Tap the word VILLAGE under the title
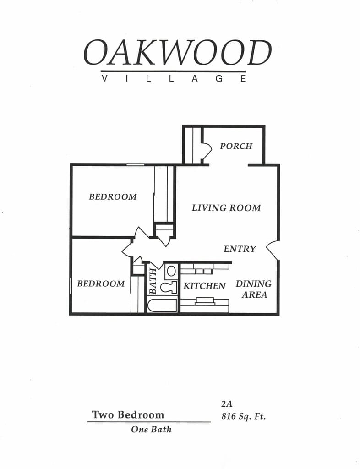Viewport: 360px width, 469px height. pyautogui.click(x=174, y=78)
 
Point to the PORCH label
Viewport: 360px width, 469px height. pyautogui.click(x=236, y=146)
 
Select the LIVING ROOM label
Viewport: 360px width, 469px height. pyautogui.click(x=226, y=208)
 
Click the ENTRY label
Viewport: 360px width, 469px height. pyautogui.click(x=240, y=249)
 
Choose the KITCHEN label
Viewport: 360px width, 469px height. pyautogui.click(x=205, y=286)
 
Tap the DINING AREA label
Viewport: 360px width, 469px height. pyautogui.click(x=254, y=289)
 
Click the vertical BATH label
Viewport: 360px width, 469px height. pyautogui.click(x=153, y=281)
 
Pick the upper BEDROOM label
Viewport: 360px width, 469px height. pyautogui.click(x=113, y=197)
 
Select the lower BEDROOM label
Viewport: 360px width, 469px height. pyautogui.click(x=101, y=284)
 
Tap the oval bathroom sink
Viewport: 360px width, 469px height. pyautogui.click(x=171, y=271)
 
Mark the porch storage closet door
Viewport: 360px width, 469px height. pyautogui.click(x=206, y=151)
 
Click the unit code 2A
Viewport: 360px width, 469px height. pyautogui.click(x=227, y=404)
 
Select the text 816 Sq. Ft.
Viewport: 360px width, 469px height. pyautogui.click(x=243, y=417)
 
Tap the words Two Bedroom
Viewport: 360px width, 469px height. pyautogui.click(x=128, y=415)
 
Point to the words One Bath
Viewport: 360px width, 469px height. pyautogui.click(x=151, y=430)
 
